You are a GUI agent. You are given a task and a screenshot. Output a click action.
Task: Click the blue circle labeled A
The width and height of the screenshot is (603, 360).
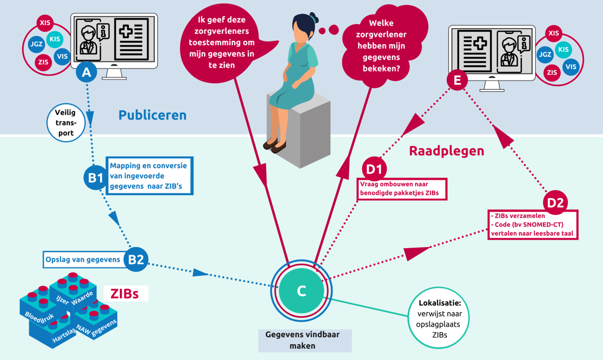87,72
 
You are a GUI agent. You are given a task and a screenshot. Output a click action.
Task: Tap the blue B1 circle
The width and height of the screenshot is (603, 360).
95,177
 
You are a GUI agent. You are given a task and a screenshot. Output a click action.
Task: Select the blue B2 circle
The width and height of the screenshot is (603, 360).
136,259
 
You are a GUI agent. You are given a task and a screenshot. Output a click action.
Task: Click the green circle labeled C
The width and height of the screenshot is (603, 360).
301,291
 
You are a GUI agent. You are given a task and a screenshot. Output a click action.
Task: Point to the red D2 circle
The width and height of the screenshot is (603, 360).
555,202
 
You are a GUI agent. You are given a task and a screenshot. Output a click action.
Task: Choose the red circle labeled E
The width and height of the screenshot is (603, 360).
457,80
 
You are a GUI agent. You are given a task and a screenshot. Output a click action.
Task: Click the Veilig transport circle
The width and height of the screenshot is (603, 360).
66,123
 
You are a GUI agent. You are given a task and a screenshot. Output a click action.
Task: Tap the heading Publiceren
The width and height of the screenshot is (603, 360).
152,115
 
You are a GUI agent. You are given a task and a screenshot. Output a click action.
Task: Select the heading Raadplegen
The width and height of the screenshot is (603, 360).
446,151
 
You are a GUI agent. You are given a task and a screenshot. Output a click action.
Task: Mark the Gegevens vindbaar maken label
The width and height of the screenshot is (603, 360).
305,340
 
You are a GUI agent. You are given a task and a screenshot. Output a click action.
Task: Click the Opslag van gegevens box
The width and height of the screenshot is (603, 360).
83,260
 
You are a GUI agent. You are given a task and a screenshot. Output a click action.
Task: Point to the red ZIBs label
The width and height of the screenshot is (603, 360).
124,294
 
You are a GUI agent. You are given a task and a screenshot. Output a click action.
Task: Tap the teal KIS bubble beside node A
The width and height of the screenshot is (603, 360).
54,39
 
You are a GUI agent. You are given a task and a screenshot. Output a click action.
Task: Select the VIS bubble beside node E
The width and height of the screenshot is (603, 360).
571,66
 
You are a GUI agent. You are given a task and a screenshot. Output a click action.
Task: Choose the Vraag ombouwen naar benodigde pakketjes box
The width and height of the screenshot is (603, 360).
402,189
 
